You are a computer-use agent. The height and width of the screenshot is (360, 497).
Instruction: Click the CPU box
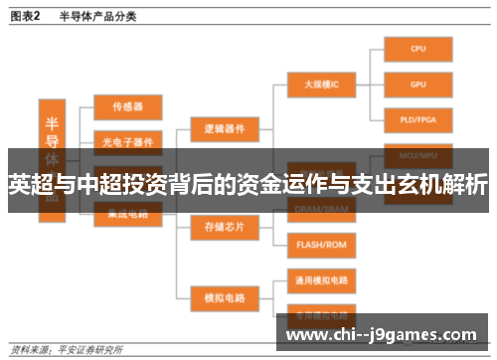(x=418, y=48)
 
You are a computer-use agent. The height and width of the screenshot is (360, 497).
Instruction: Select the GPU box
(x=418, y=85)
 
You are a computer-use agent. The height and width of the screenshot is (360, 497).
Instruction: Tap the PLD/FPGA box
(x=418, y=121)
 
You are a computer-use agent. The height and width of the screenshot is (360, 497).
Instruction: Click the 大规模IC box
(x=321, y=85)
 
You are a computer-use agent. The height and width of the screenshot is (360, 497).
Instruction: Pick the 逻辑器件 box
(x=224, y=128)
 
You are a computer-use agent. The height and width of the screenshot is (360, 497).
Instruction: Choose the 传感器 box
(x=127, y=104)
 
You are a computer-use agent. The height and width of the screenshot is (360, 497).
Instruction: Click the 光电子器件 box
(x=127, y=140)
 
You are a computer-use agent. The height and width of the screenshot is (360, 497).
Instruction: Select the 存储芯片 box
(x=224, y=226)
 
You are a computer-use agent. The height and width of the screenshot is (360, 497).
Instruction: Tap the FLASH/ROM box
(x=321, y=244)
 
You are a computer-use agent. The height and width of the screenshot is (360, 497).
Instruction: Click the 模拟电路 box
(x=224, y=296)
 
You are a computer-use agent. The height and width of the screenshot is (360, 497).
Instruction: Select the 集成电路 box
(x=127, y=211)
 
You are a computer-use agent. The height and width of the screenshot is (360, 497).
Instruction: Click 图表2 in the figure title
(x=25, y=16)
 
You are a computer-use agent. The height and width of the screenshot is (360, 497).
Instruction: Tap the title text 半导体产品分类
(x=97, y=16)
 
